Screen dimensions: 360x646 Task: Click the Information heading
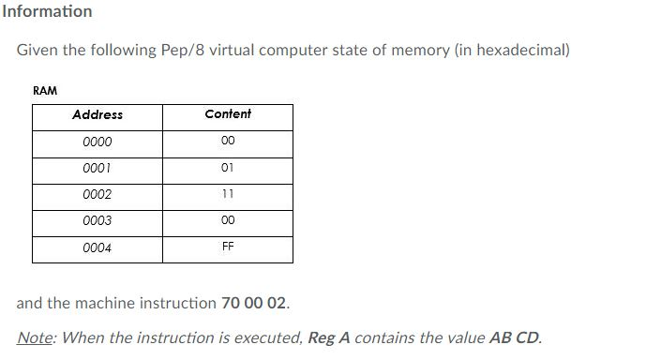click(x=47, y=11)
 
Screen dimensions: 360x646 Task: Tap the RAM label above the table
click(x=45, y=91)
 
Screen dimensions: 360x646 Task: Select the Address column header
click(x=98, y=115)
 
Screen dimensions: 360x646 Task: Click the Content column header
click(x=228, y=114)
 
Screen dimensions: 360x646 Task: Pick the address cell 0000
click(x=98, y=142)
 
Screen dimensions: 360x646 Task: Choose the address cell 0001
click(x=98, y=169)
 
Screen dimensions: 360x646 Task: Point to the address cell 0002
click(x=98, y=195)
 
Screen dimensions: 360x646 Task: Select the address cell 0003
click(x=98, y=221)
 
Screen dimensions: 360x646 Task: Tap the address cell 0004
click(x=98, y=248)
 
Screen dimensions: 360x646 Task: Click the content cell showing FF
click(x=228, y=247)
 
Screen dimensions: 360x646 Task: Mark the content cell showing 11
click(x=228, y=194)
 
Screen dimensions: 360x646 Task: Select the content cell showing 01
click(x=228, y=169)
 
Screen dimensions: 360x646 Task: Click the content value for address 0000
click(x=228, y=142)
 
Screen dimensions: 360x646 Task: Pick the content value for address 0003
click(x=228, y=221)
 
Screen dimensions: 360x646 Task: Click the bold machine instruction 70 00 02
click(x=255, y=304)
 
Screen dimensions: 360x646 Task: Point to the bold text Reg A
click(x=328, y=337)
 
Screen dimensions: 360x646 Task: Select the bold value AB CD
click(x=515, y=337)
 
